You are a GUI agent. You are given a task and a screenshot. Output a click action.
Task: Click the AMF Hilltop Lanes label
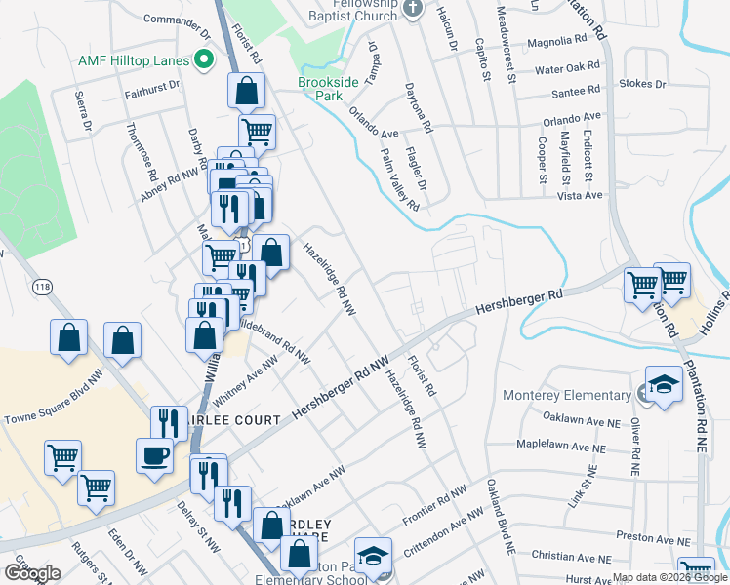point(133,60)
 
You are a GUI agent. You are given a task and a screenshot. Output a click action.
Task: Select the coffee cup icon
point(155,456)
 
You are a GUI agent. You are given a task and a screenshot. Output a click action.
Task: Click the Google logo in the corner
point(32,573)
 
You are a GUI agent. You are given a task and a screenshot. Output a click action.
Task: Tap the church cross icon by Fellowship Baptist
point(413,9)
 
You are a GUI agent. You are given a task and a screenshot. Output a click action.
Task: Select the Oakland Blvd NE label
point(500,518)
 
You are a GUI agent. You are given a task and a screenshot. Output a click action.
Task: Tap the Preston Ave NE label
point(653,537)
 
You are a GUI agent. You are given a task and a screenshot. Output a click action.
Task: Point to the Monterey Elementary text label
point(566,395)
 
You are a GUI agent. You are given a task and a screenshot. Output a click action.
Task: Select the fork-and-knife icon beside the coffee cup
point(166,422)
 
